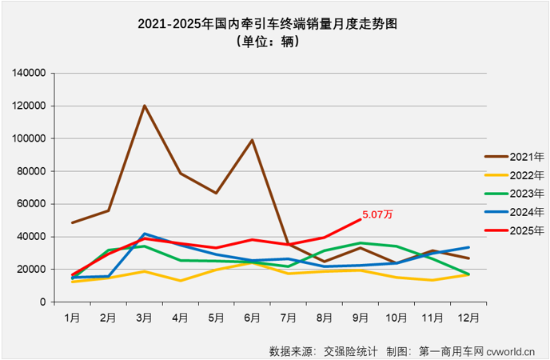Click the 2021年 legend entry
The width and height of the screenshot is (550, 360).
coord(512,157)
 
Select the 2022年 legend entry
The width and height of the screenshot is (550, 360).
coord(512,175)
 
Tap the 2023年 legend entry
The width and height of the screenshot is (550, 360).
coord(512,194)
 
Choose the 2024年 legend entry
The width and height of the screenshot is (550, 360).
coord(512,212)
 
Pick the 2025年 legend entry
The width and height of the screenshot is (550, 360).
coord(512,230)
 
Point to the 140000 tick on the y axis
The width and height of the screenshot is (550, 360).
coord(29,73)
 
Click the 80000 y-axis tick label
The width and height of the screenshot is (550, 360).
coord(32,171)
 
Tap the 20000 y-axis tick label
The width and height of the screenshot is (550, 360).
coord(32,270)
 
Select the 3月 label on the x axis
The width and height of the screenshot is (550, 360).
coord(144,317)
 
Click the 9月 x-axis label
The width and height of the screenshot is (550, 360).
coord(361,317)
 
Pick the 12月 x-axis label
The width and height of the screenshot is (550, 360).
coord(468,317)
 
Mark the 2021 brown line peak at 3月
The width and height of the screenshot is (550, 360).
coord(144,106)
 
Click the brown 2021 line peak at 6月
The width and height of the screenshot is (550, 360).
coord(252,140)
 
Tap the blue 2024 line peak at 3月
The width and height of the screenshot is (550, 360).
coord(144,234)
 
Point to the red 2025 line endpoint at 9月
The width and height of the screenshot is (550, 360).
coord(361,219)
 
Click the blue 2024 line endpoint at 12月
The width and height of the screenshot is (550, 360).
coord(468,247)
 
